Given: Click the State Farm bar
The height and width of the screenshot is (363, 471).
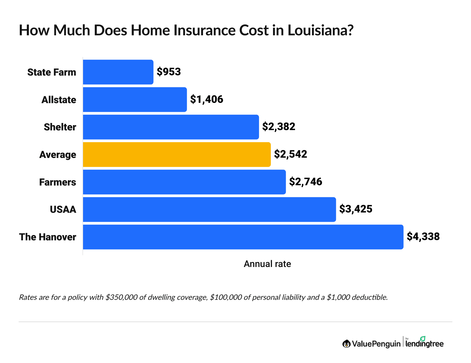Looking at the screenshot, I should [x=118, y=72].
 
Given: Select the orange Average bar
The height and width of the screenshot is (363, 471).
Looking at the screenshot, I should [x=177, y=155].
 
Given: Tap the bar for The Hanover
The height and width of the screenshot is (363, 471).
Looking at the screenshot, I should [x=243, y=237].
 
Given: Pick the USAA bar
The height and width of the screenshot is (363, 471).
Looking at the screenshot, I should [x=209, y=209].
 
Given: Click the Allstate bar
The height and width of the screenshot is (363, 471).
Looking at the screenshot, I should [x=135, y=99].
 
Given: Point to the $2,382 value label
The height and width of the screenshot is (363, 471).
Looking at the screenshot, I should [x=279, y=126].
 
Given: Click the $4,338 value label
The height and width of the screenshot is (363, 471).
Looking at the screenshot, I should [x=423, y=237].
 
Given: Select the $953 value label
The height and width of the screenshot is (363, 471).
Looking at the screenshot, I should [x=169, y=72].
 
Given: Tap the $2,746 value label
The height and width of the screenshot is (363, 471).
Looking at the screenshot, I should [x=306, y=181].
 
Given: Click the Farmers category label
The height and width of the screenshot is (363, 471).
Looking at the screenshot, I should [x=58, y=182].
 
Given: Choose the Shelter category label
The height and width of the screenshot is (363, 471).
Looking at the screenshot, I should [x=60, y=127].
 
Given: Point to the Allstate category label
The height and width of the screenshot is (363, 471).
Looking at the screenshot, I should [x=59, y=100].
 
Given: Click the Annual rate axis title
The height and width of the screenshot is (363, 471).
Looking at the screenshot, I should [x=267, y=264].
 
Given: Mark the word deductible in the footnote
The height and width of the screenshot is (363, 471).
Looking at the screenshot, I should [x=369, y=297].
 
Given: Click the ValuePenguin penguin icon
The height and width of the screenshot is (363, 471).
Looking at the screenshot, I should [x=346, y=344].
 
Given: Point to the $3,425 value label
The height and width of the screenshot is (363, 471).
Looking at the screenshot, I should [x=356, y=209].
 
